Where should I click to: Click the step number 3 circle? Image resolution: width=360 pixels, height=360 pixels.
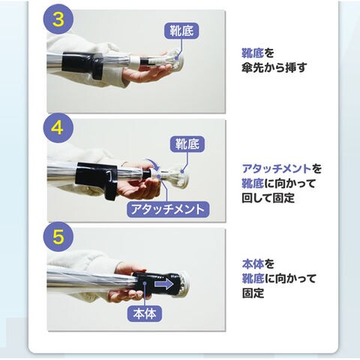tap(58, 19)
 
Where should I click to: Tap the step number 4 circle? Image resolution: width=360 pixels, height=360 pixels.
tap(58, 128)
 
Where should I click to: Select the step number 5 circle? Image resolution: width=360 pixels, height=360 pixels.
tap(58, 236)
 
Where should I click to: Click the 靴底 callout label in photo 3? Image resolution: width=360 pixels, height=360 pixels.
tap(181, 31)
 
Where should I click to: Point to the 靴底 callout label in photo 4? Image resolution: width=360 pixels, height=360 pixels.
tap(187, 144)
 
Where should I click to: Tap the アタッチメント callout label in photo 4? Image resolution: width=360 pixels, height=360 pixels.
tap(168, 209)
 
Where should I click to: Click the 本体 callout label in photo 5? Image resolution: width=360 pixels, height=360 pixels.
tap(145, 313)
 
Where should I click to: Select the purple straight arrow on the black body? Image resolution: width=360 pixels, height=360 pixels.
tap(163, 284)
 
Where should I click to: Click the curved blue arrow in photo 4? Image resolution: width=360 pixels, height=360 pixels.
tap(152, 163)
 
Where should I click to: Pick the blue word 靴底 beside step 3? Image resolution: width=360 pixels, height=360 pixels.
tap(253, 53)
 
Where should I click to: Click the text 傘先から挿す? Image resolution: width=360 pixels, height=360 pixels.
tap(274, 67)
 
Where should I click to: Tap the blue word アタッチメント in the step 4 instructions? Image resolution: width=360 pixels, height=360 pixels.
tap(277, 169)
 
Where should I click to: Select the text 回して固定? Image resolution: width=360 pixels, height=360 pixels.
tap(268, 198)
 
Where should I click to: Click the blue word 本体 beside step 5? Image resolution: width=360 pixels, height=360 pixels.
tap(253, 264)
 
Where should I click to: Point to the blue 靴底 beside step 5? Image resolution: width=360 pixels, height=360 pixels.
tap(253, 278)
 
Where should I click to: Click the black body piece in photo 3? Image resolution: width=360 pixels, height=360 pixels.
tap(82, 65)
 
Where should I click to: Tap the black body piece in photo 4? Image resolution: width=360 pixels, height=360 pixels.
tap(97, 178)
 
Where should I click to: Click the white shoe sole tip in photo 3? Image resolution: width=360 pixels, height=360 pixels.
tap(176, 59)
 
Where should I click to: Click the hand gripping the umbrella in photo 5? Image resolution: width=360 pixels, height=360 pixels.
tap(130, 283)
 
